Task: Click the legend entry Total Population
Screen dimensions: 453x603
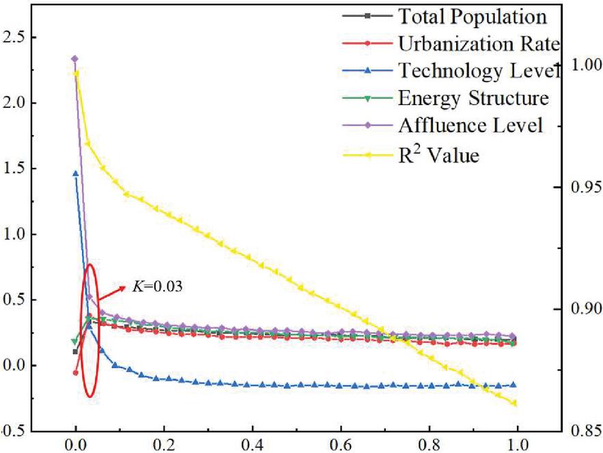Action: [472, 16]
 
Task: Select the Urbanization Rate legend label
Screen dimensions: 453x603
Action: [478, 44]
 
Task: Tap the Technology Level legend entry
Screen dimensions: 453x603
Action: [478, 71]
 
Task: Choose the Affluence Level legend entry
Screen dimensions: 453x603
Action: [471, 126]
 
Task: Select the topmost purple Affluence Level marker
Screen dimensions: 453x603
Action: [74, 59]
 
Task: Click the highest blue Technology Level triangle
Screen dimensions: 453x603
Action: [76, 173]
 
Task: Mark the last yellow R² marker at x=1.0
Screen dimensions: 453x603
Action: [514, 403]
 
